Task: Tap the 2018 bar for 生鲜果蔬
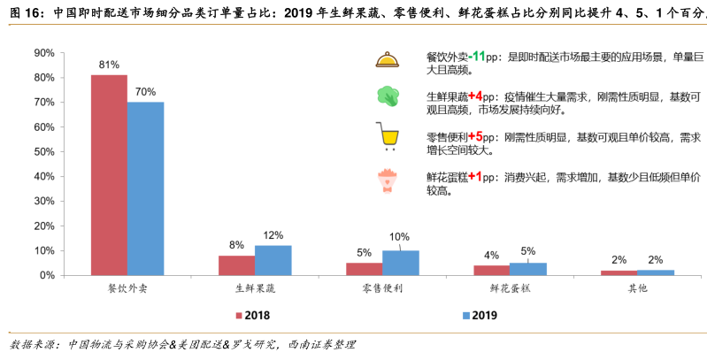pyautogui.click(x=236, y=265)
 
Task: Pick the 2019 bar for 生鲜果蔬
pyautogui.click(x=273, y=260)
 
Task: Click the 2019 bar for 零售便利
pyautogui.click(x=400, y=263)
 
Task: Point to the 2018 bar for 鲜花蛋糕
pyautogui.click(x=491, y=270)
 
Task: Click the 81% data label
pyautogui.click(x=109, y=65)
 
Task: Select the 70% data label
pyautogui.click(x=145, y=92)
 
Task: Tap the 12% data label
pyautogui.click(x=273, y=235)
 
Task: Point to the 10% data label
pyautogui.click(x=400, y=237)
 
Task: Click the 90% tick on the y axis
pyautogui.click(x=42, y=53)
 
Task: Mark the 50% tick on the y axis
pyautogui.click(x=42, y=152)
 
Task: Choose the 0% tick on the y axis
pyautogui.click(x=45, y=275)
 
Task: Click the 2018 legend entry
pyautogui.click(x=251, y=315)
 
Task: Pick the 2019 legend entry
pyautogui.click(x=478, y=315)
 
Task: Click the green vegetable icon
pyautogui.click(x=387, y=96)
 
